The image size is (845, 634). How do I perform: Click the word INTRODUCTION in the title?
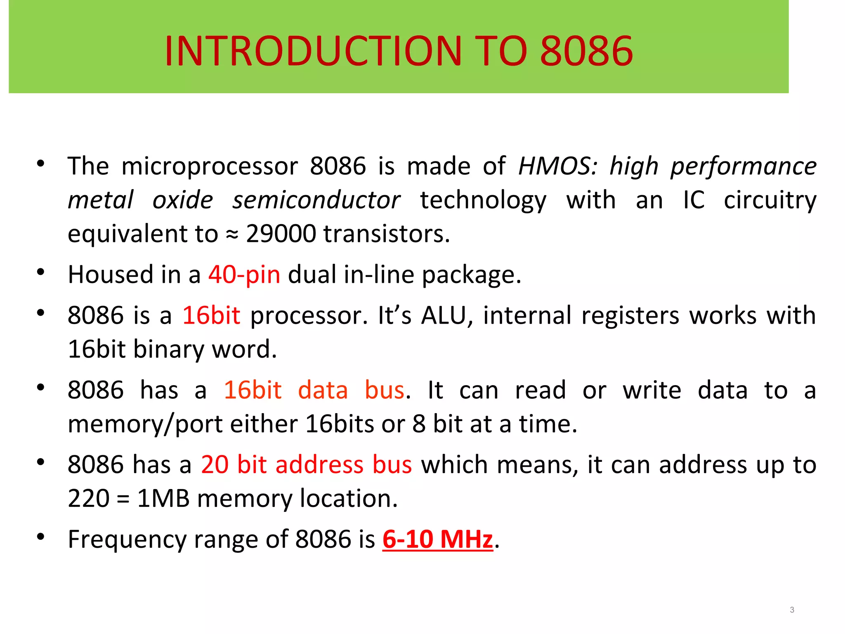313,51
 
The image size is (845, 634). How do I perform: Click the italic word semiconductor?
316,200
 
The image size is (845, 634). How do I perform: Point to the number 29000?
281,234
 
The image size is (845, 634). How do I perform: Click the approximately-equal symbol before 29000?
232,234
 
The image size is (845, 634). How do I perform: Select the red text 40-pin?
244,274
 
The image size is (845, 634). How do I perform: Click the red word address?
319,465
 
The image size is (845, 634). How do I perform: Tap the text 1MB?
163,498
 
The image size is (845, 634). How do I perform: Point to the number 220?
88,498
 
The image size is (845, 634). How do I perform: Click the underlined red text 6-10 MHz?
437,539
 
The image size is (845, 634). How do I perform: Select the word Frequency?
127,540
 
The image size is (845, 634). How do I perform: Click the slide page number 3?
792,610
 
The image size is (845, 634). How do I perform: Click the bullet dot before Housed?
40,272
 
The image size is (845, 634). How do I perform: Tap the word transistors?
386,234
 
